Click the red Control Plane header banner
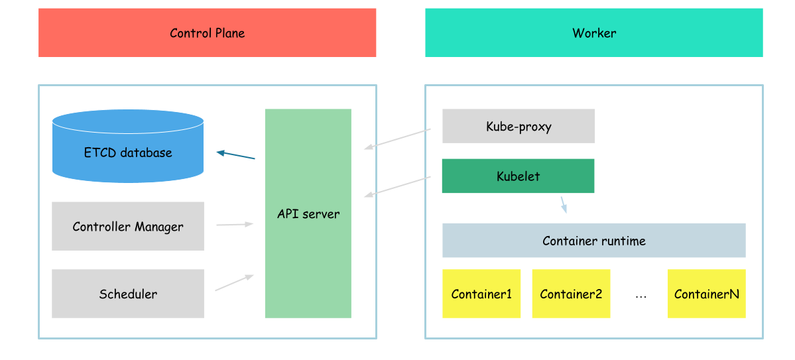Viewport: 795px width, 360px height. [x=207, y=32]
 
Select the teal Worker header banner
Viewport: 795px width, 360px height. [x=593, y=32]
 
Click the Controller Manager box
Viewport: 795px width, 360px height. [x=127, y=226]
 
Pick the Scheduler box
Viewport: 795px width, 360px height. [x=127, y=294]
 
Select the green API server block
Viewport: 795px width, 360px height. [x=308, y=213]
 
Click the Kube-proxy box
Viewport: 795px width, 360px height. [x=518, y=126]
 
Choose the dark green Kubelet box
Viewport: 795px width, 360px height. [x=518, y=176]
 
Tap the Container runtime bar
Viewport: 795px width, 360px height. [x=593, y=240]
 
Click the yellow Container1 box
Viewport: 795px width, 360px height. [x=481, y=294]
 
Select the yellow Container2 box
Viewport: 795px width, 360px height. [x=571, y=294]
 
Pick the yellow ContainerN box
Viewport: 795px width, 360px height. [x=706, y=294]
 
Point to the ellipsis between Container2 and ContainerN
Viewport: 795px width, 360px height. [x=641, y=296]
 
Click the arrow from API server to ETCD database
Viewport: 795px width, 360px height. [x=236, y=155]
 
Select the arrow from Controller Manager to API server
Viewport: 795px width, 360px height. [x=235, y=225]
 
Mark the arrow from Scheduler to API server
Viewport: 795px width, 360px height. [x=235, y=283]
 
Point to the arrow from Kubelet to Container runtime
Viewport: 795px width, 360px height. [x=564, y=204]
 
